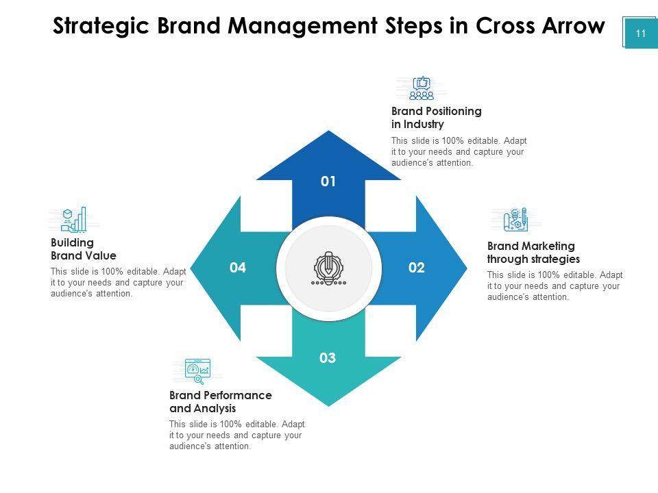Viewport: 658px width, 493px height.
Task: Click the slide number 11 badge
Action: click(641, 34)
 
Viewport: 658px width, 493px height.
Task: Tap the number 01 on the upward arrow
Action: click(328, 181)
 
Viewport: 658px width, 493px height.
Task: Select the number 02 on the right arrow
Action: click(417, 268)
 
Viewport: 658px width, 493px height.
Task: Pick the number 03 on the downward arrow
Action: click(328, 358)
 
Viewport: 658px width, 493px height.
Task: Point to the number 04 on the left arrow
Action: click(238, 268)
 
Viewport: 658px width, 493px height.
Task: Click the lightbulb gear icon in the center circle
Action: click(328, 268)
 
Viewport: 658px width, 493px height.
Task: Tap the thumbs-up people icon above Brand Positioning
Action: click(422, 88)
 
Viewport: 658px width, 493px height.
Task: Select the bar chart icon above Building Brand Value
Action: click(74, 220)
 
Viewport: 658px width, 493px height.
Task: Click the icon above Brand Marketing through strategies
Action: click(515, 220)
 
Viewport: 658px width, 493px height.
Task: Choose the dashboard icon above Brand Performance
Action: click(197, 370)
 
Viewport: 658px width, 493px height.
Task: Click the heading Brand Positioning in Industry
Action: click(436, 118)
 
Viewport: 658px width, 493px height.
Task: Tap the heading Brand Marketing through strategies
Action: click(533, 253)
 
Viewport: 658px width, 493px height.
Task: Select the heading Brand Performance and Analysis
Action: click(220, 402)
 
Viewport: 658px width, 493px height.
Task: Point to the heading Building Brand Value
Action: click(83, 249)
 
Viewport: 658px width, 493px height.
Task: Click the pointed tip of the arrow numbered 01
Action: click(329, 132)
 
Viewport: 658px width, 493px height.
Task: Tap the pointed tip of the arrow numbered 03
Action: click(329, 405)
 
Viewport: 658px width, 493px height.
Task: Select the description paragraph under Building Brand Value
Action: click(118, 282)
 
